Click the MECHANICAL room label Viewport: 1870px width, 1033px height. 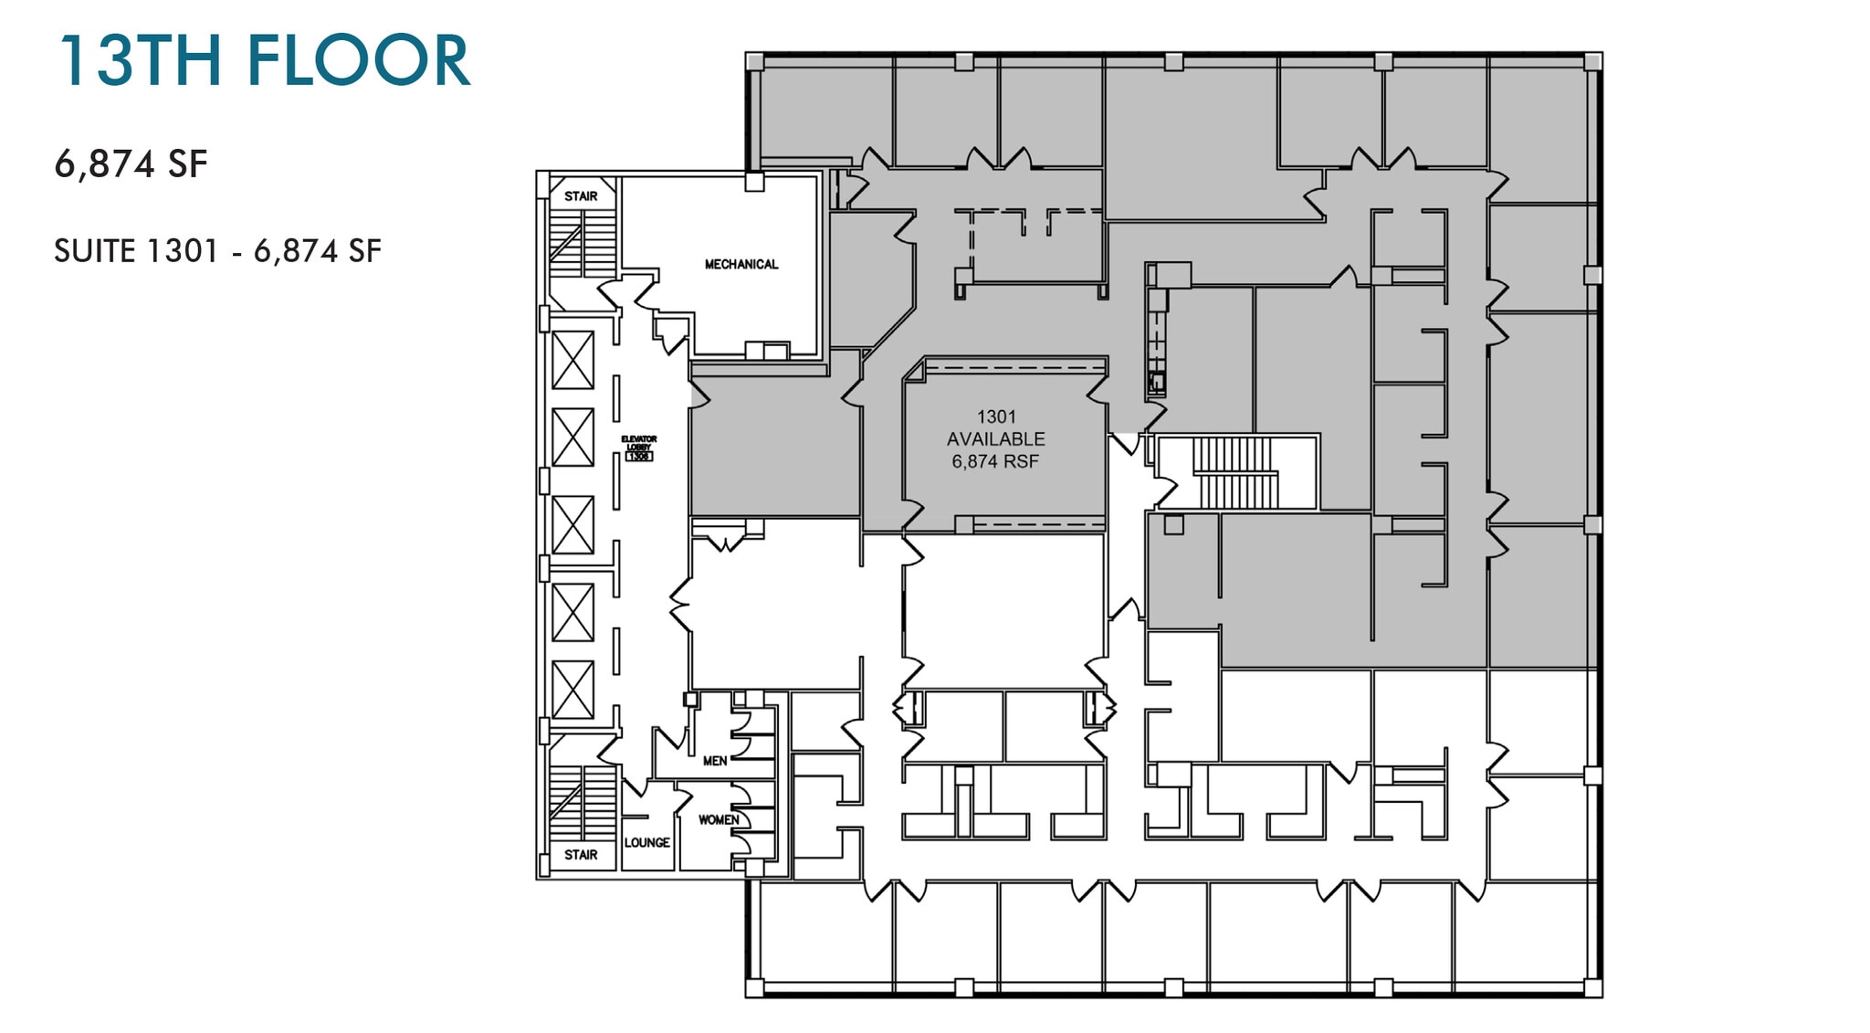click(x=741, y=264)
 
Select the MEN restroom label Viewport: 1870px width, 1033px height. click(x=715, y=761)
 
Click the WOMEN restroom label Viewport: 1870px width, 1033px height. click(x=719, y=819)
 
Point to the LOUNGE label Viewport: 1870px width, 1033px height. click(x=646, y=842)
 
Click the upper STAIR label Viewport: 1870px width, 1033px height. click(x=581, y=196)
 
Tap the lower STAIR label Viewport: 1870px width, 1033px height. click(x=581, y=855)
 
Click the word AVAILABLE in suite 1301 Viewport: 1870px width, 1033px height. click(x=995, y=439)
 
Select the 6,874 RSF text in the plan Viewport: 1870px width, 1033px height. click(x=995, y=462)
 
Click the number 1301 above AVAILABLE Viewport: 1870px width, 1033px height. click(x=995, y=416)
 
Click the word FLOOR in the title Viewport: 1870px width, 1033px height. click(x=358, y=61)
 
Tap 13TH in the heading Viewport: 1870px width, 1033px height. click(x=140, y=61)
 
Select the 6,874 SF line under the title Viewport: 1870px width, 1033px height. click(x=131, y=164)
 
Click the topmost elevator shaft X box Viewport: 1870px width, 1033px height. click(x=573, y=361)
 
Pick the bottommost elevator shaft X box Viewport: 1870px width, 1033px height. click(x=573, y=690)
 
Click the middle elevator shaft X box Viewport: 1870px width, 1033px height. click(x=573, y=525)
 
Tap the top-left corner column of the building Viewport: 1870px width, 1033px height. click(x=754, y=61)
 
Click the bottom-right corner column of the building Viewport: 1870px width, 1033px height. click(x=1592, y=987)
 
